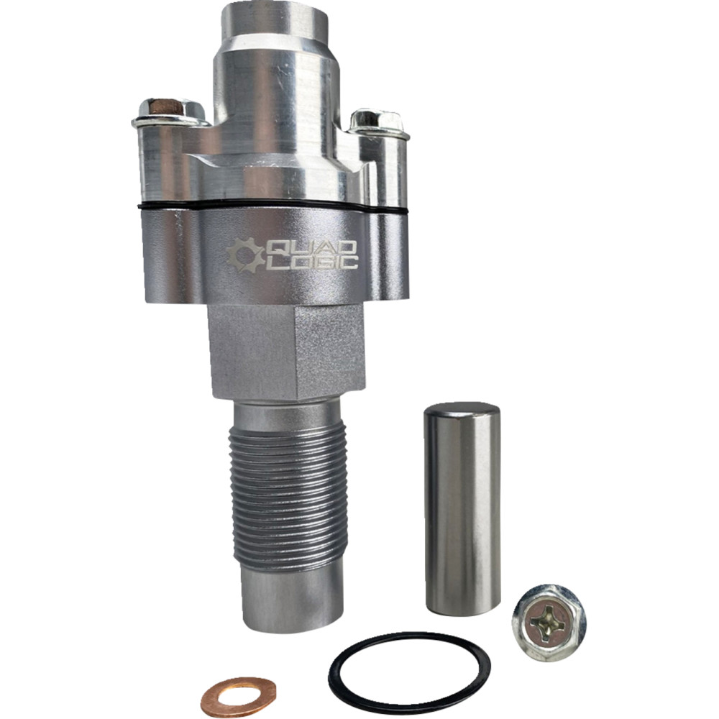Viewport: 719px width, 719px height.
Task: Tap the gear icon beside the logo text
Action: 244,256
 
